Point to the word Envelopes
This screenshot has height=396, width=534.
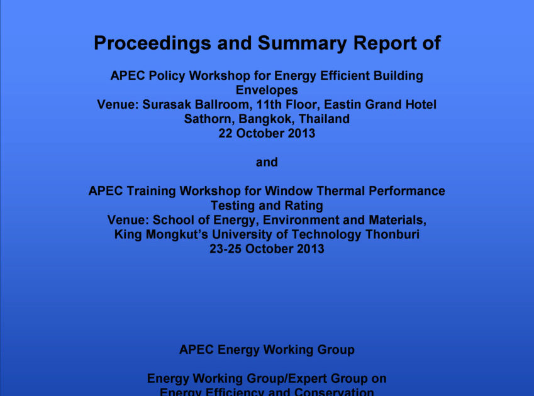267,90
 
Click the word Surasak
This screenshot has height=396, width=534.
169,104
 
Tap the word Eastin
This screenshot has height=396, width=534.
349,104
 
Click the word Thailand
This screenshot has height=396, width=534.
325,119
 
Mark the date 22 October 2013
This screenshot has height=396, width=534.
267,133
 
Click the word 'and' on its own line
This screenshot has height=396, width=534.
267,162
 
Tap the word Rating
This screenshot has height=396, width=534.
305,206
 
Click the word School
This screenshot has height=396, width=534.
174,220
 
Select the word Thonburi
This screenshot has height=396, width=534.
391,234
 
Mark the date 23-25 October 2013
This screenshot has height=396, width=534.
267,249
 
